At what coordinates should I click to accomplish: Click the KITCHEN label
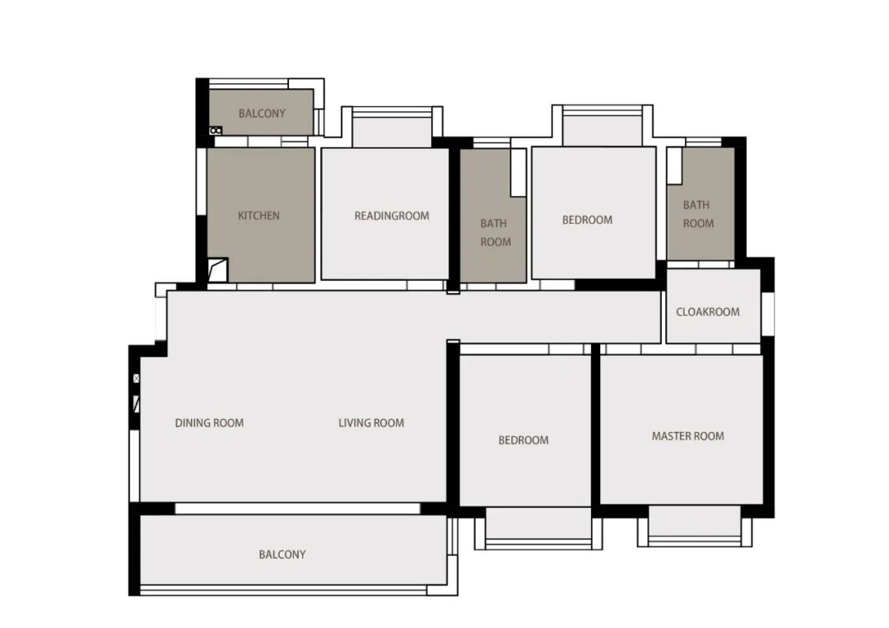pos(258,216)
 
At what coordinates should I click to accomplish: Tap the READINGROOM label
pos(392,216)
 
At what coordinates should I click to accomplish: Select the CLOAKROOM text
pos(708,312)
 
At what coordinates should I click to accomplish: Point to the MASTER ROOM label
pos(687,436)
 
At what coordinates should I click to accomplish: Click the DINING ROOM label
pos(209,423)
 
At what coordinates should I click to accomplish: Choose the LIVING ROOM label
pos(371,423)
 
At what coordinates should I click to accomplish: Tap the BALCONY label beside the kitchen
pos(262,114)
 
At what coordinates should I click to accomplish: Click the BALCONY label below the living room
pos(282,554)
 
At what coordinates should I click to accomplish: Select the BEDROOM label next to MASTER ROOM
pos(524,440)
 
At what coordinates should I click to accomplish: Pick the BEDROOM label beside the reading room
pos(588,220)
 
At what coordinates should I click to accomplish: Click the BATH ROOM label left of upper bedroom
pos(496,232)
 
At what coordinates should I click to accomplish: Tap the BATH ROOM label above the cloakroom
pos(698,214)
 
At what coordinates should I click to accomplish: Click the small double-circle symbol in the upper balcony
pos(216,131)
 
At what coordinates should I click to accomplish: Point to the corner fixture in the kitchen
pos(217,270)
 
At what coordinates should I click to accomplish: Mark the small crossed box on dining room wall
pos(136,378)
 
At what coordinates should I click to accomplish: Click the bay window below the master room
pos(695,527)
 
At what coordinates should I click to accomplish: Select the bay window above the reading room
pos(392,127)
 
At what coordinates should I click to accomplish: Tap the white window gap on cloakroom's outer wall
pos(768,314)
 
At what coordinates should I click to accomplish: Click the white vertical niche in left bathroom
pos(519,173)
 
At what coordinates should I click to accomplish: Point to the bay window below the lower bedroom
pos(538,528)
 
